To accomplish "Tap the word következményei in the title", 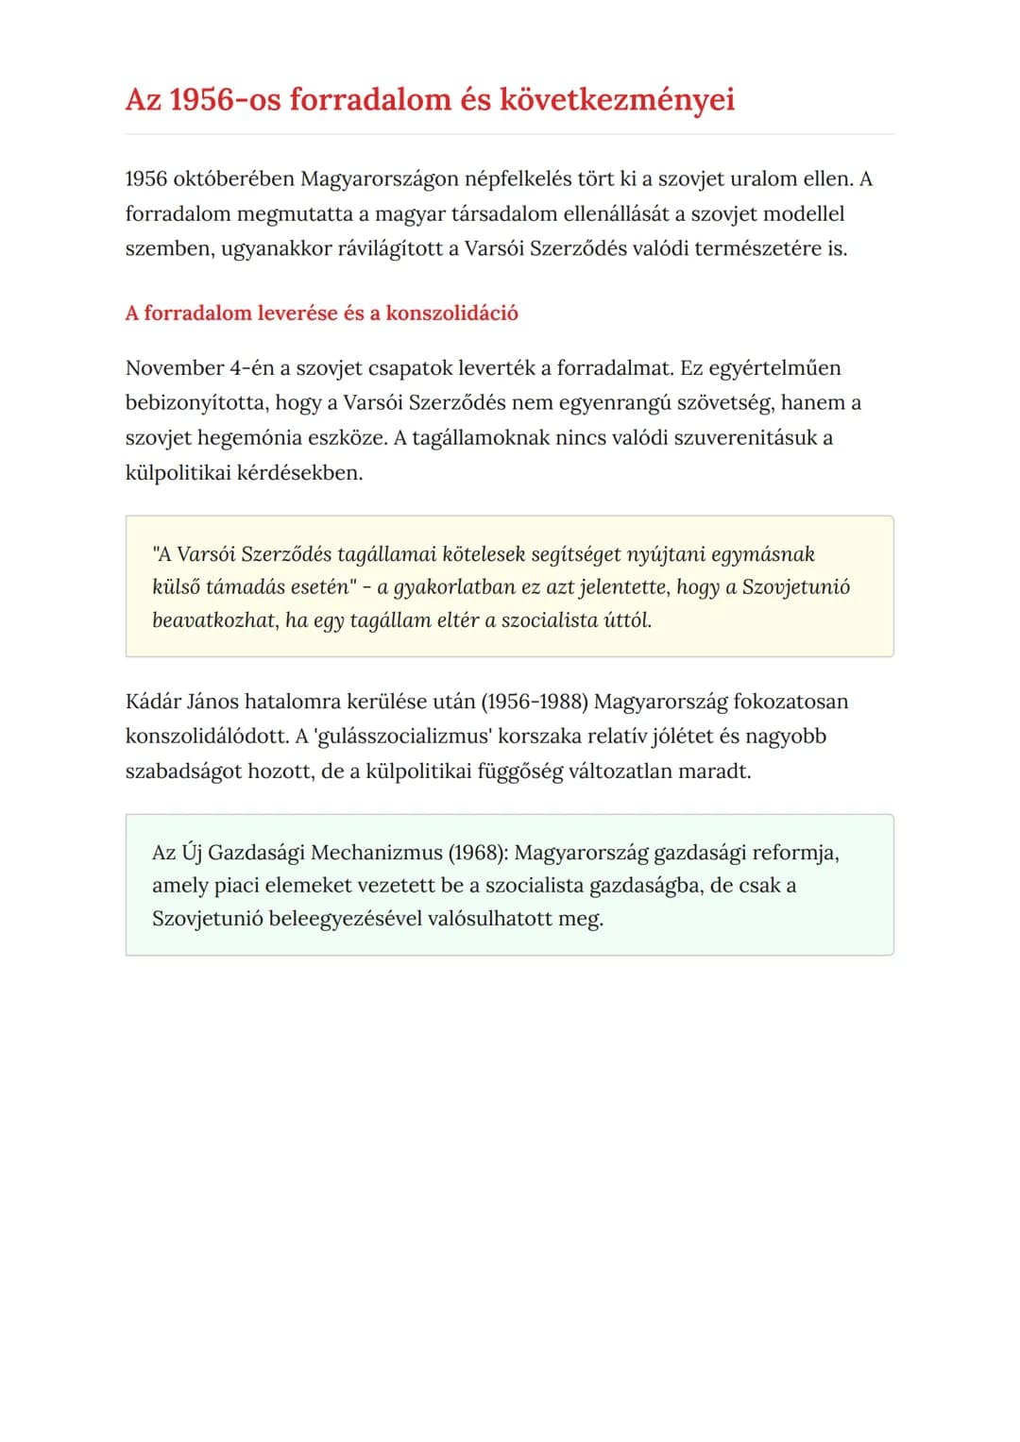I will (617, 99).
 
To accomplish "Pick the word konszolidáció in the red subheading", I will (451, 313).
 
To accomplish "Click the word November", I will (174, 367).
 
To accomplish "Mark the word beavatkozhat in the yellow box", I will (214, 619).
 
